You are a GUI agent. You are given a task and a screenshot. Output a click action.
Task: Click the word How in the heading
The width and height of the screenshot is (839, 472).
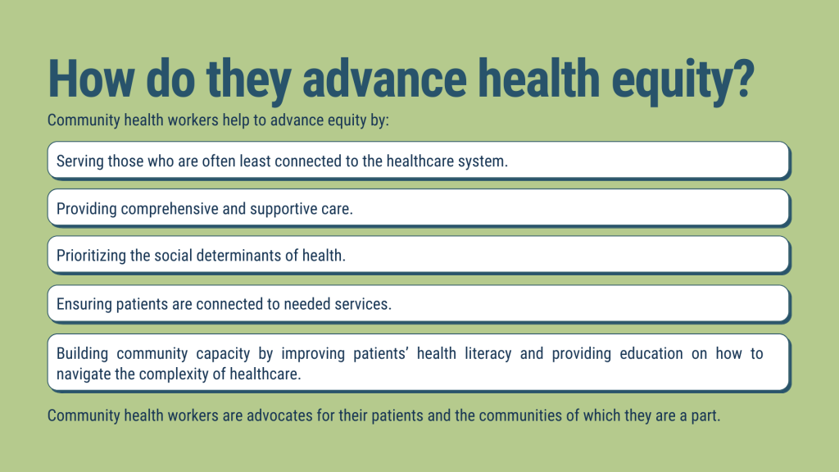pyautogui.click(x=91, y=79)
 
